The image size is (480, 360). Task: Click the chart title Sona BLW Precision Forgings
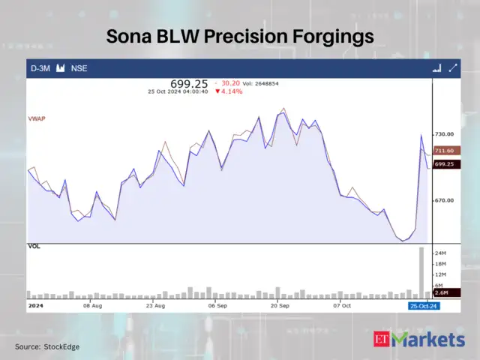[239, 36]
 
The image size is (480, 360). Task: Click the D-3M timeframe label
[40, 68]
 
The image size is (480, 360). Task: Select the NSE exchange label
[79, 68]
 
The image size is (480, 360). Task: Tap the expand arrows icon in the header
[453, 68]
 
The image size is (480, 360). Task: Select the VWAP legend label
[37, 118]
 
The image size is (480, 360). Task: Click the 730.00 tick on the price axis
[445, 134]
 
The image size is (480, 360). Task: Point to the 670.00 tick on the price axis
[445, 201]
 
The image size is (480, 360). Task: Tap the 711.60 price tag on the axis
[445, 151]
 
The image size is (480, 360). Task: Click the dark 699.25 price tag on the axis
[445, 163]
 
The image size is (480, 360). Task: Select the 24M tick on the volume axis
[441, 253]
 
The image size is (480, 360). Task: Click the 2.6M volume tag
[442, 294]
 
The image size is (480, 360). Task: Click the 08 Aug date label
[92, 306]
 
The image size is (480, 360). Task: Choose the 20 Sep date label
[280, 306]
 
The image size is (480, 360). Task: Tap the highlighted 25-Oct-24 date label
[424, 306]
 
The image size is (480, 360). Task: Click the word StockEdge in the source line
[61, 346]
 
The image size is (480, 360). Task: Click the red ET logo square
[383, 340]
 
